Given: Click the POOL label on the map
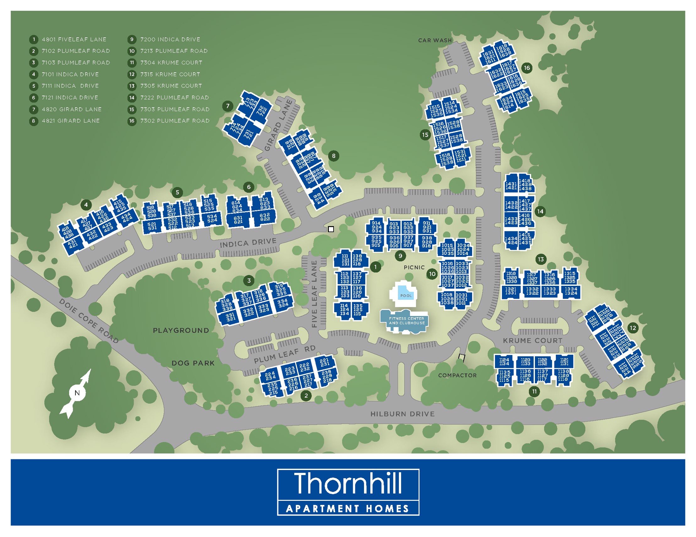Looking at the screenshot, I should click(x=406, y=296).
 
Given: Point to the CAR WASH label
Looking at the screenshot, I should click(x=435, y=41).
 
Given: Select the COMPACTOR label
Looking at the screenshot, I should click(x=457, y=375).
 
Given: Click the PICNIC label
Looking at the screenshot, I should click(x=414, y=267).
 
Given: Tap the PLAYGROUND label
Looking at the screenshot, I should click(x=181, y=330).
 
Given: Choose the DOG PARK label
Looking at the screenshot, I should click(x=193, y=363).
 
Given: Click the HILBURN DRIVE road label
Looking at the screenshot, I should click(x=402, y=414).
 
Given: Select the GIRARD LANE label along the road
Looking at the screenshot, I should click(x=279, y=125).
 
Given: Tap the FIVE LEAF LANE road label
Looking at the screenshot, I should click(x=314, y=294).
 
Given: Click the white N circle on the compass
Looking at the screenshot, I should click(x=77, y=393).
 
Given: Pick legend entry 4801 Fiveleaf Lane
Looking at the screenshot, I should click(x=74, y=40).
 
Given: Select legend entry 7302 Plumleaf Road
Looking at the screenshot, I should click(x=175, y=121).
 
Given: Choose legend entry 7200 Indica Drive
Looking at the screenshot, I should click(x=170, y=40).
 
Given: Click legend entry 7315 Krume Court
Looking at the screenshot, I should click(x=170, y=74).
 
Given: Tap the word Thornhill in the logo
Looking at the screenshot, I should click(x=348, y=484).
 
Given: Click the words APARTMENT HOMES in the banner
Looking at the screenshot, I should click(x=348, y=508).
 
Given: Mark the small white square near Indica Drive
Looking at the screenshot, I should click(x=331, y=229).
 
